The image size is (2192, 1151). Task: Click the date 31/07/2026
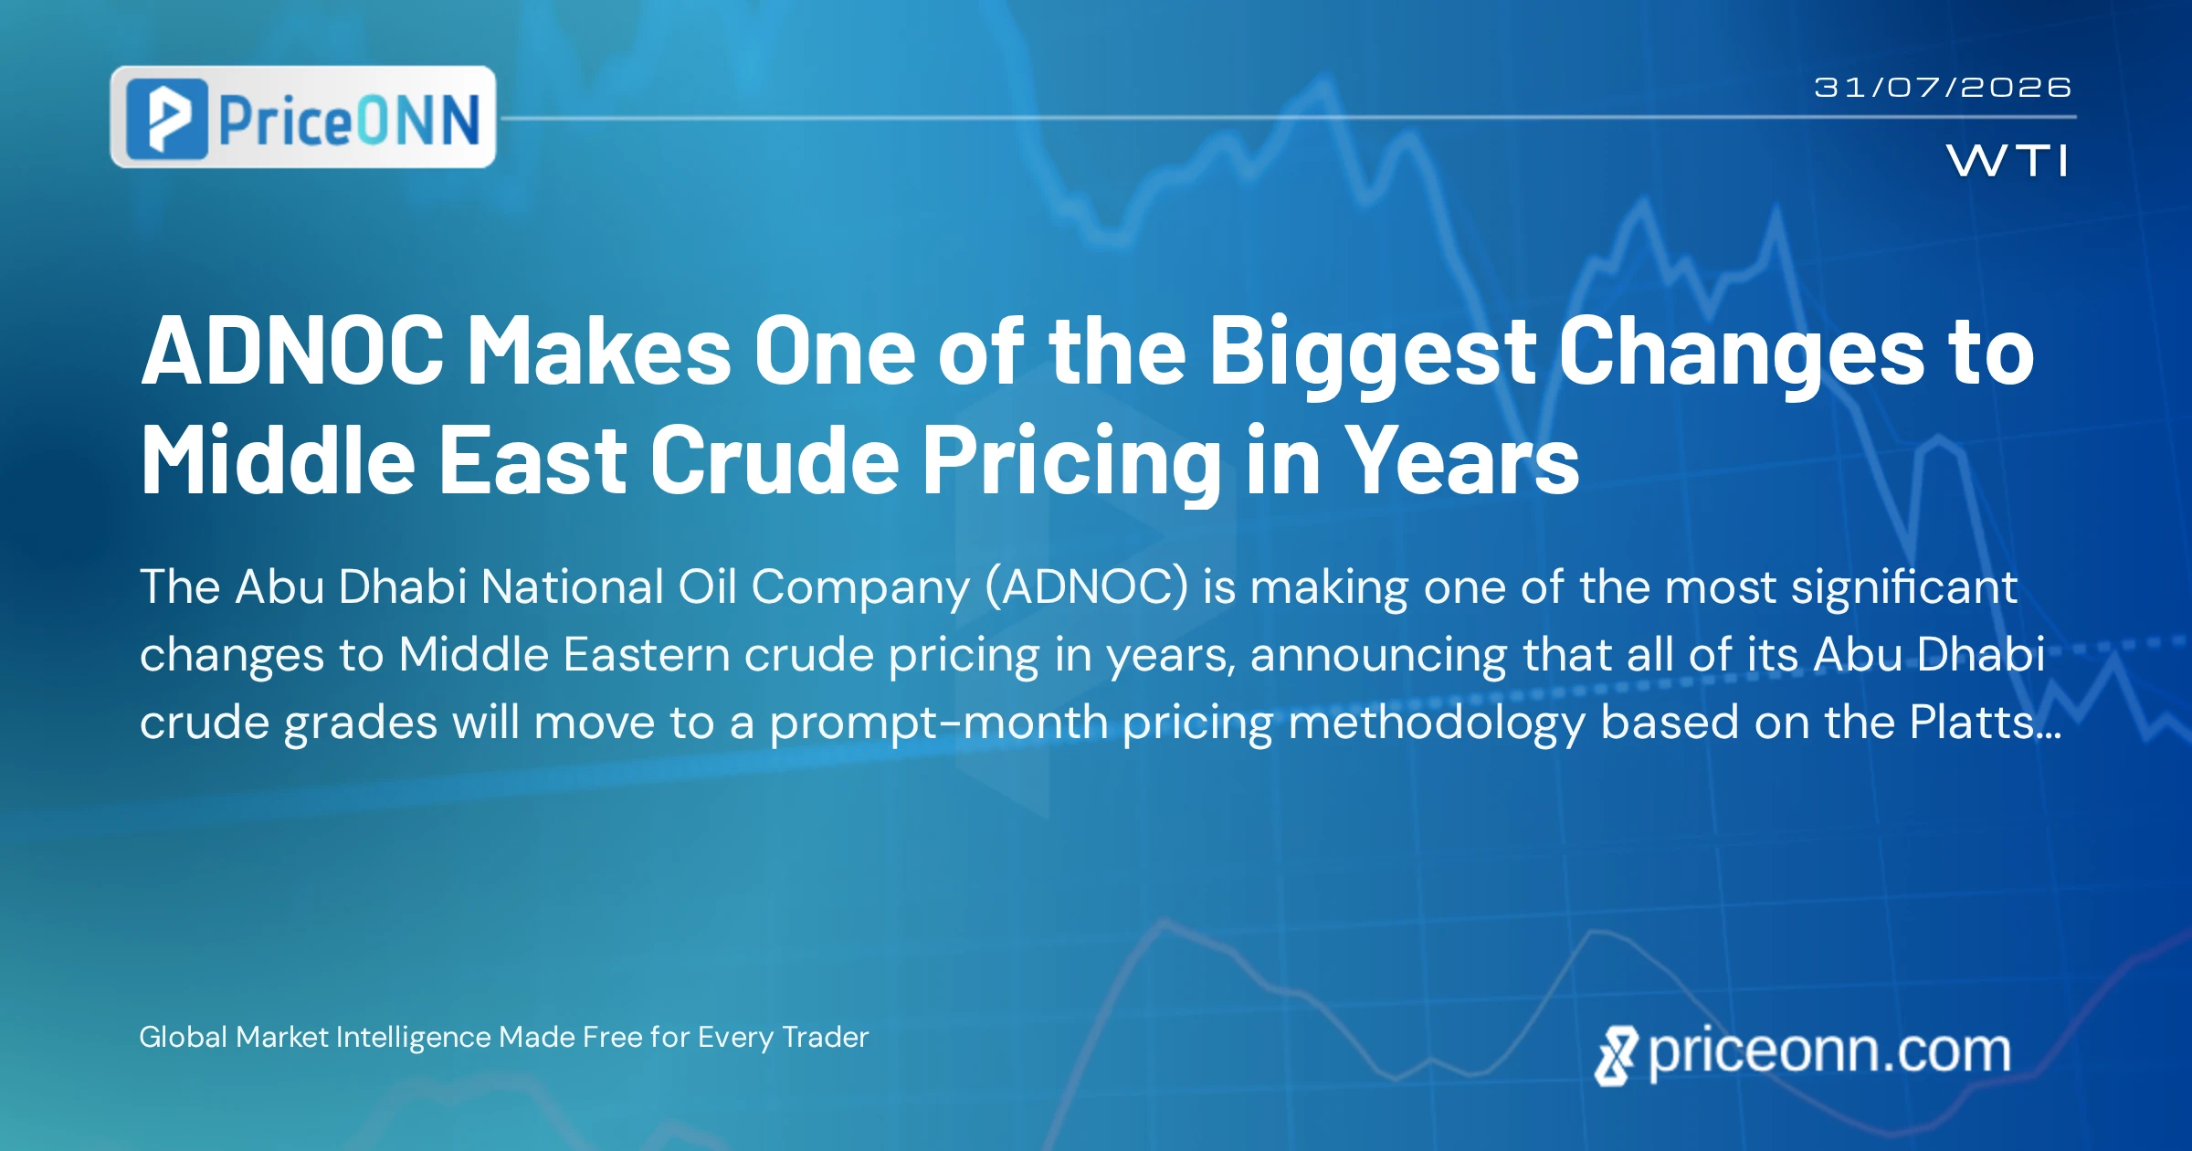[1943, 88]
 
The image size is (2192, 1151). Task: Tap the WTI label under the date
[2008, 161]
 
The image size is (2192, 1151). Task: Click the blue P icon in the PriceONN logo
[167, 119]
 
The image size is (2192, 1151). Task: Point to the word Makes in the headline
[599, 351]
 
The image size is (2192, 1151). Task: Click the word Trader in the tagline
[826, 1037]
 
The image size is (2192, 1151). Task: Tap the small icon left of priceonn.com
[1617, 1056]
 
